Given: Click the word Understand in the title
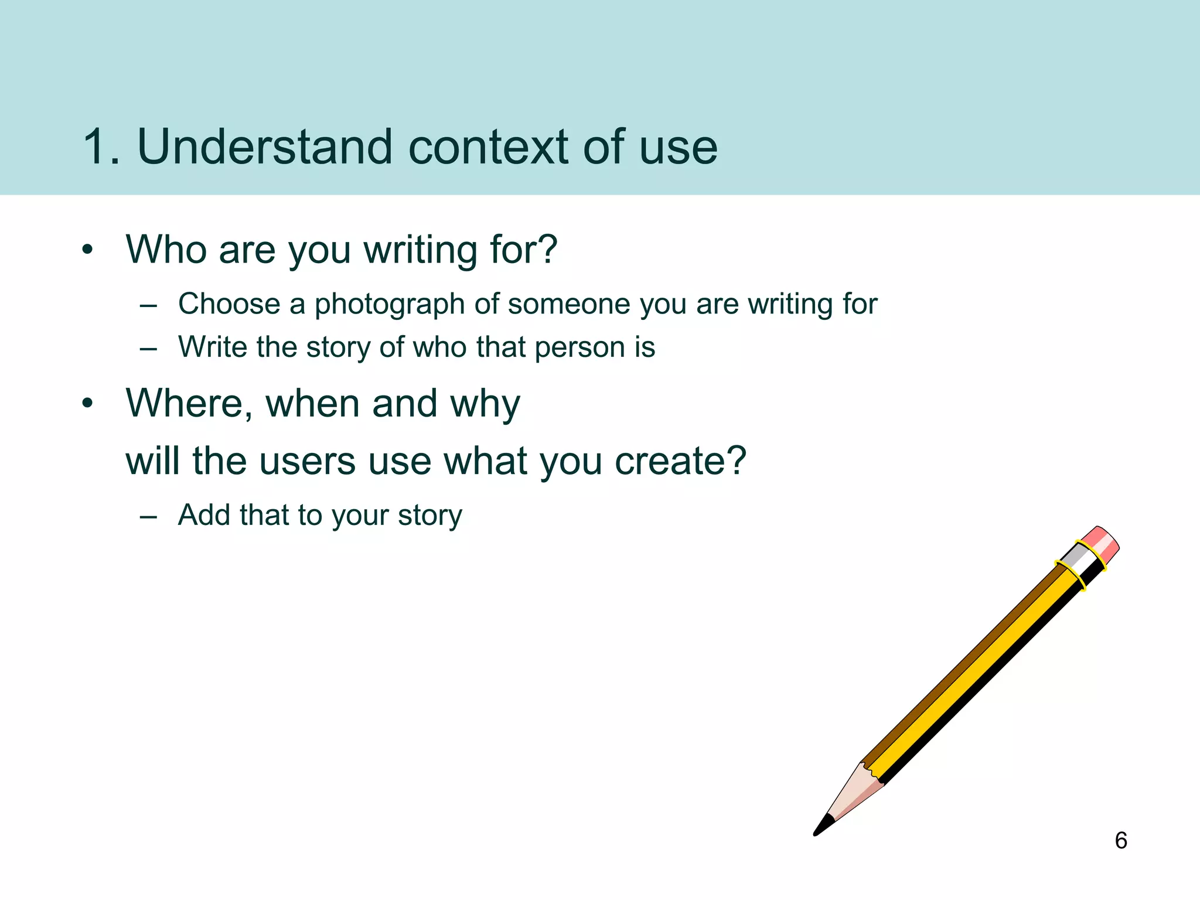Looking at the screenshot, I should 264,147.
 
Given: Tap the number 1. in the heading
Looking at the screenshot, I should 101,147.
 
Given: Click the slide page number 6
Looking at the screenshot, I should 1120,840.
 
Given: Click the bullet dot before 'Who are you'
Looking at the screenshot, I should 87,250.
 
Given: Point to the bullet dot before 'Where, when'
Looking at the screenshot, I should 87,404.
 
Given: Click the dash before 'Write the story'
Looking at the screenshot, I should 149,349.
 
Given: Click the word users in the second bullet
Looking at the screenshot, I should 307,461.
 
